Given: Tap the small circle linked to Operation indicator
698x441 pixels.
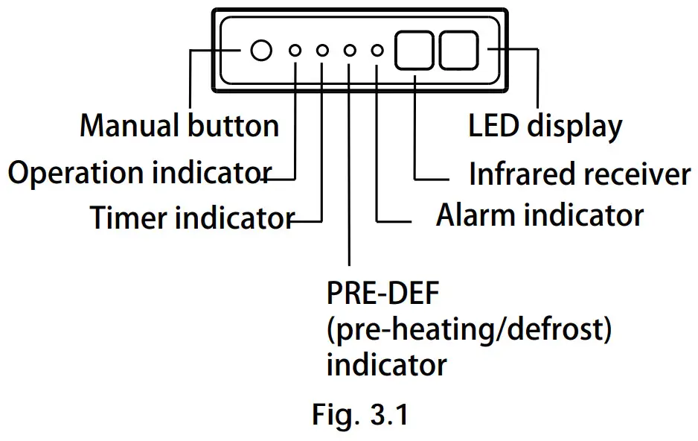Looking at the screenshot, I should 295,51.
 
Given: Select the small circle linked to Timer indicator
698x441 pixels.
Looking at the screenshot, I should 322,51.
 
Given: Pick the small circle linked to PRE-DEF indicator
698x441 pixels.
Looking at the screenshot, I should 350,51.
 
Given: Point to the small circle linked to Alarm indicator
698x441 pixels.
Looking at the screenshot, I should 377,51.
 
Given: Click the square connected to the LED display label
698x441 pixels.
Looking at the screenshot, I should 461,51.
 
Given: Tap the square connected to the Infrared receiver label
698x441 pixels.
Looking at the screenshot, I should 414,51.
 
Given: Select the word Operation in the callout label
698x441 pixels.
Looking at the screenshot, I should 77,174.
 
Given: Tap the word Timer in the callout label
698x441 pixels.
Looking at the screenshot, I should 129,218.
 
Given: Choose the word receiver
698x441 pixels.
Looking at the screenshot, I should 635,175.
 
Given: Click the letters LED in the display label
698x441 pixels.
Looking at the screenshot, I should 494,126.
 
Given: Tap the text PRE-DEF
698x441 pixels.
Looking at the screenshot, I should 382,294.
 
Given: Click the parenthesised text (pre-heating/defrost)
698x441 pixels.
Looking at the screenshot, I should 469,330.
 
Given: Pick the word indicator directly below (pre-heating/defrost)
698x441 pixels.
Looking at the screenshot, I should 386,365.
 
